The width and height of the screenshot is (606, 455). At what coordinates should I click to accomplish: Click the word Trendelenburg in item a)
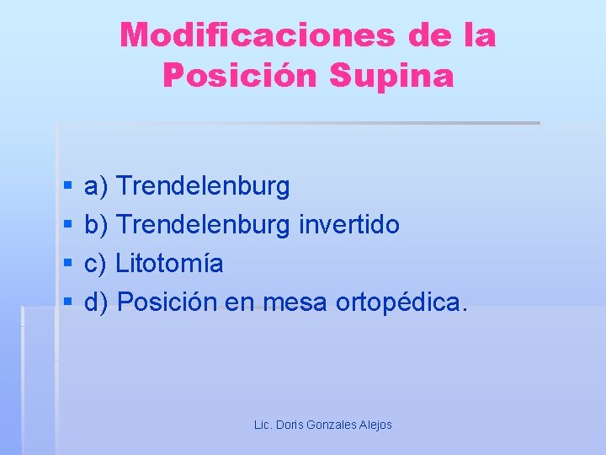click(x=203, y=186)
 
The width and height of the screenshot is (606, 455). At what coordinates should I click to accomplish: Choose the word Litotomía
click(x=169, y=264)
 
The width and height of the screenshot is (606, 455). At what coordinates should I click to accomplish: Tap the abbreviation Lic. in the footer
click(x=263, y=425)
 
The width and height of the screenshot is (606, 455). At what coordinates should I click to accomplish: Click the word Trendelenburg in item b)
click(x=203, y=225)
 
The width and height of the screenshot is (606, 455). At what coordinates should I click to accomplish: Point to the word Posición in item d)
click(x=167, y=302)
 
